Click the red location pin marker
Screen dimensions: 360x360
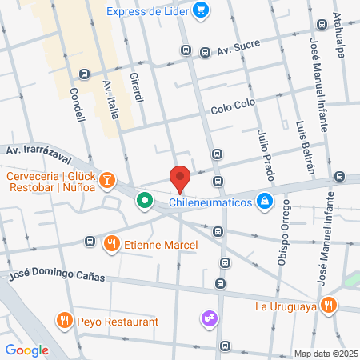click(x=180, y=178)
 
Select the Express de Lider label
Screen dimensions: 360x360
click(x=149, y=11)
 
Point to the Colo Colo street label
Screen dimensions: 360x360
click(x=232, y=109)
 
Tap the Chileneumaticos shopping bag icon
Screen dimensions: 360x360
click(x=264, y=201)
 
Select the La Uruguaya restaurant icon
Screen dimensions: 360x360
click(x=328, y=305)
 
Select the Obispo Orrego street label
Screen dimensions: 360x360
click(x=286, y=232)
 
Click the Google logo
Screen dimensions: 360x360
click(x=27, y=349)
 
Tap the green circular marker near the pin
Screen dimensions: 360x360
click(x=145, y=200)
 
